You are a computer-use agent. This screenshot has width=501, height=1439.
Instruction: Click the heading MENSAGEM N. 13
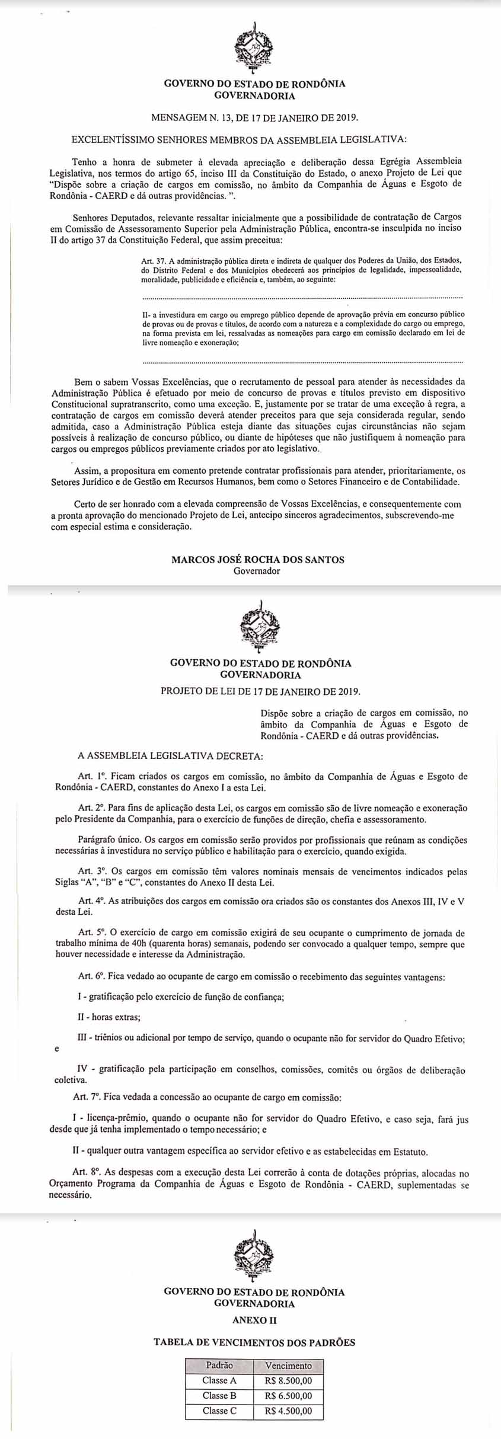(x=255, y=117)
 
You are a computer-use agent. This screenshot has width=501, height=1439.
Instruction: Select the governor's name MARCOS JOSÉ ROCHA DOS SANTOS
(x=257, y=560)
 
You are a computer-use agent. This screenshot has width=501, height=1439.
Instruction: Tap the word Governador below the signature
(x=257, y=571)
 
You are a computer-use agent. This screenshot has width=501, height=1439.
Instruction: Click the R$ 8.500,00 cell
(x=288, y=1380)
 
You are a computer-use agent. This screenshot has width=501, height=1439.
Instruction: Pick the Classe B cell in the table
(x=219, y=1396)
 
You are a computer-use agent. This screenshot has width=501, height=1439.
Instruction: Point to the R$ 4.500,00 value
(x=288, y=1411)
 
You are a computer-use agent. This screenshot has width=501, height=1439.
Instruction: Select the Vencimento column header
(x=288, y=1365)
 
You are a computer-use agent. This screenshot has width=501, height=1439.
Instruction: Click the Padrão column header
(x=219, y=1365)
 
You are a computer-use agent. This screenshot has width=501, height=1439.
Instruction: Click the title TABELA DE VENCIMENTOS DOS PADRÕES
(x=254, y=1343)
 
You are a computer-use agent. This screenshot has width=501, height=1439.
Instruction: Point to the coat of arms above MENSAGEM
(x=254, y=47)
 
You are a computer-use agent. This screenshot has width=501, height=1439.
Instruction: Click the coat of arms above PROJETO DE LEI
(x=259, y=627)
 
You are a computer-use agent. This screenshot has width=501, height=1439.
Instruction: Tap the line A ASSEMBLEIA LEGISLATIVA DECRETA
(x=169, y=756)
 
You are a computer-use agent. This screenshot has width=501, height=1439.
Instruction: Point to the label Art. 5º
(x=92, y=933)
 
